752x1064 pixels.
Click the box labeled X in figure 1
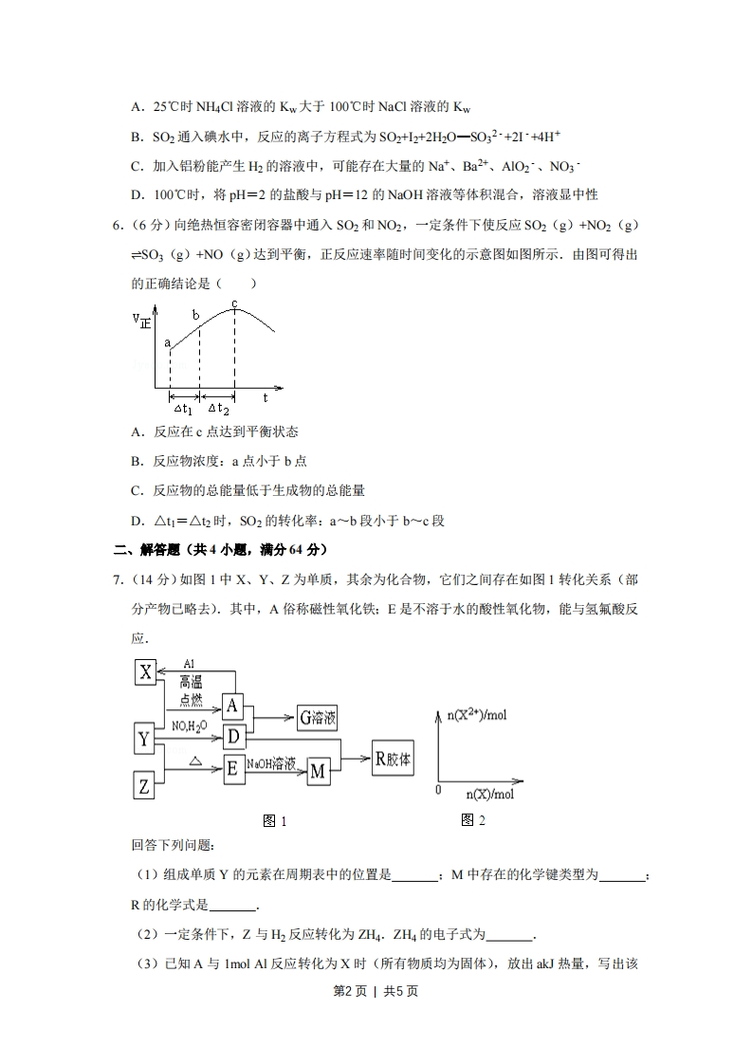click(x=145, y=672)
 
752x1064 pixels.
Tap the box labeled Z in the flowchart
click(x=144, y=785)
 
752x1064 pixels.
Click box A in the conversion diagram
click(x=232, y=705)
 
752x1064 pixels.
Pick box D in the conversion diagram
click(x=232, y=736)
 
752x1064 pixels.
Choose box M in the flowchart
click(x=318, y=772)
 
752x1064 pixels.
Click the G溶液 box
click(x=318, y=718)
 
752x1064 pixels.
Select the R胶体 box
click(x=393, y=759)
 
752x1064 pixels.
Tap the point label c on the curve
click(x=234, y=303)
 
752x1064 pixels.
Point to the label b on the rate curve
click(x=196, y=315)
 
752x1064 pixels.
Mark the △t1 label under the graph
click(x=183, y=409)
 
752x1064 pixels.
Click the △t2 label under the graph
click(x=218, y=409)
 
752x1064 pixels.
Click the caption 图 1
click(x=274, y=821)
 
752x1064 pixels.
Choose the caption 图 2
click(x=472, y=820)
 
